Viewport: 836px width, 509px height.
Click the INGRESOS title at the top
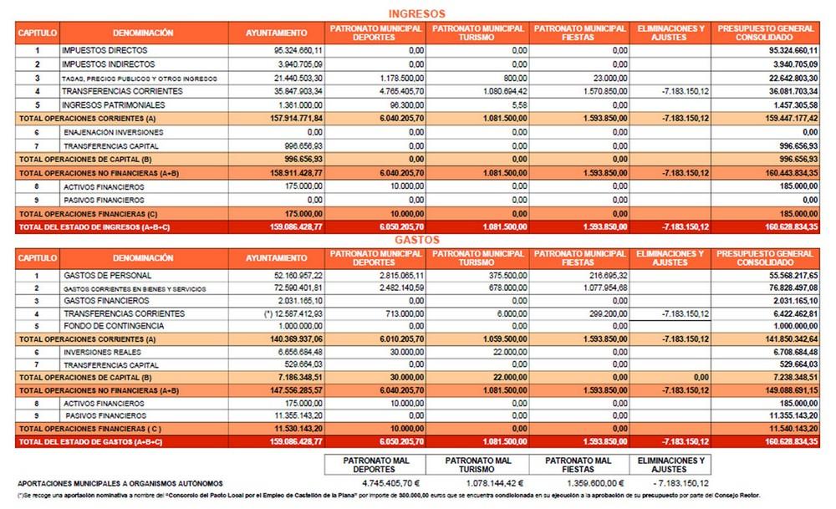tap(417, 13)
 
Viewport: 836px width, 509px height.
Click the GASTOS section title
tap(417, 240)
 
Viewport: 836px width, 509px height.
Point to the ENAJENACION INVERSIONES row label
tap(107, 132)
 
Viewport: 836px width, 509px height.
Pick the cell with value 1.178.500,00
tap(400, 78)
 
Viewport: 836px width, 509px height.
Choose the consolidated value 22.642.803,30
tap(787, 78)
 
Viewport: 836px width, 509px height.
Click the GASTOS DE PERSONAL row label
tap(107, 275)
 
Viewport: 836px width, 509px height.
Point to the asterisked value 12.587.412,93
tap(292, 313)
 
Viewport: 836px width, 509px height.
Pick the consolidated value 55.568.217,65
tap(787, 275)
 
